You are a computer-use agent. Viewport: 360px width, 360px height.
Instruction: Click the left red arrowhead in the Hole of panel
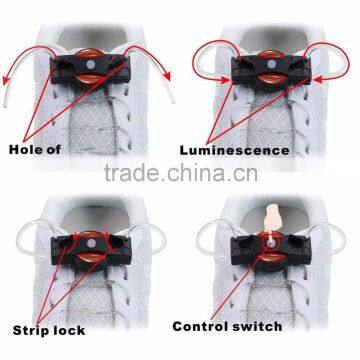(11, 97)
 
